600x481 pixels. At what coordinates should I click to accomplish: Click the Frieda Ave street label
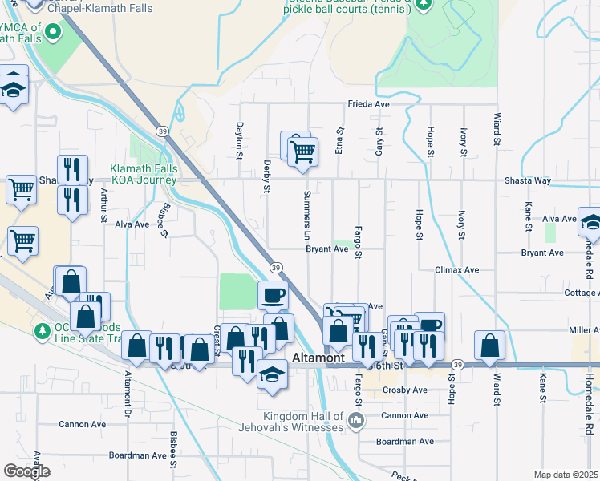point(367,104)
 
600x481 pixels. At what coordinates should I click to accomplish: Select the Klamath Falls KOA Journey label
point(144,175)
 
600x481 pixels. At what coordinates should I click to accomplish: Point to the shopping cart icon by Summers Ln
point(302,150)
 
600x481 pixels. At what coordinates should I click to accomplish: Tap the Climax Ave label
point(457,270)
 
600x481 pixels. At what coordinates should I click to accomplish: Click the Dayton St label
point(238,135)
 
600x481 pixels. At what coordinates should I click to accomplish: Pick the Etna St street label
point(339,139)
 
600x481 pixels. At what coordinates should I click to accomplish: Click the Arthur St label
point(103,203)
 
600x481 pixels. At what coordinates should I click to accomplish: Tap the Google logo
point(26,471)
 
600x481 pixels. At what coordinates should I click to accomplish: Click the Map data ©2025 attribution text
point(566,475)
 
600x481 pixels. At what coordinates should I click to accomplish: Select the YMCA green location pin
point(54,33)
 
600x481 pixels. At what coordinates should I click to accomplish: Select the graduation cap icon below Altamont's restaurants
point(273,375)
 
